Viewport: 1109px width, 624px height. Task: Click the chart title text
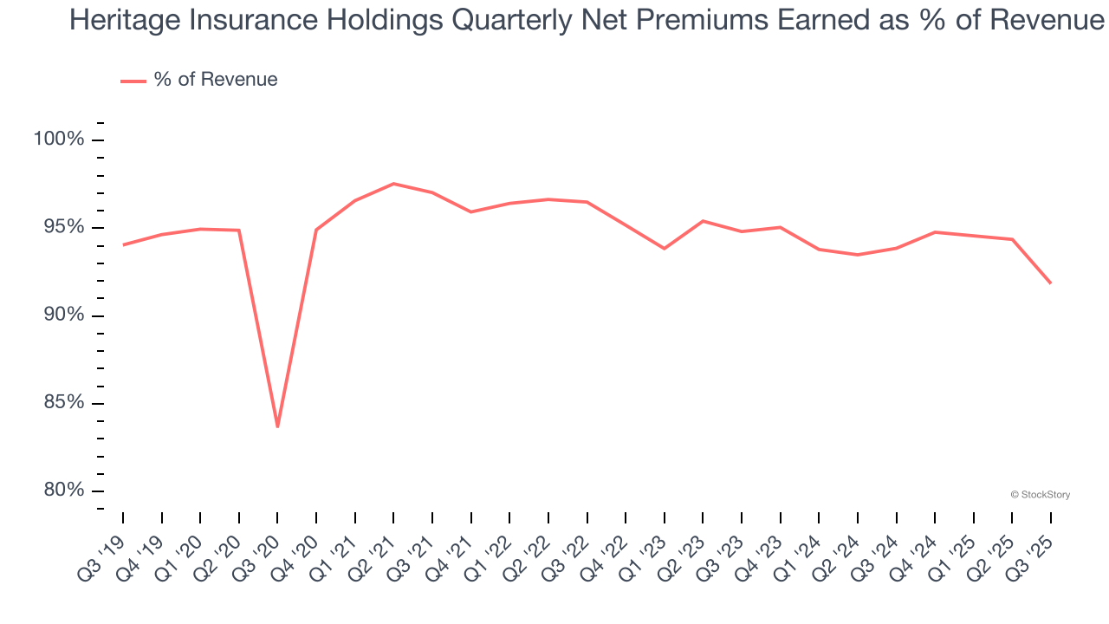587,19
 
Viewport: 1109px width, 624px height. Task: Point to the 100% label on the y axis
60,140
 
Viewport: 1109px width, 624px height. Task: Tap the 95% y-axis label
63,227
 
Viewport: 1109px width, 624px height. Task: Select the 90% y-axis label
63,315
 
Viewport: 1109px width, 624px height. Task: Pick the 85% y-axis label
63,403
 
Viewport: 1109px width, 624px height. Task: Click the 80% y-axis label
63,491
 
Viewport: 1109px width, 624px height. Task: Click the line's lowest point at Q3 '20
277,426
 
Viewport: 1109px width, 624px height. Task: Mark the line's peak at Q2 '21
393,184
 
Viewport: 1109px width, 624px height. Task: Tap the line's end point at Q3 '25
1051,283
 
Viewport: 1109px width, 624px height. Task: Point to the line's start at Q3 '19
123,245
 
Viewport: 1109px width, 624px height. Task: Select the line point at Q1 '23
665,249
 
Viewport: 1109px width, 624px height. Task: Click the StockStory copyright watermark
1040,495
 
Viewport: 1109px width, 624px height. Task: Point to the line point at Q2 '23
703,221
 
